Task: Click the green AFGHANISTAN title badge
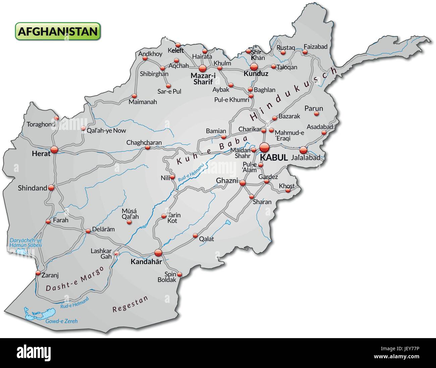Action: (x=57, y=31)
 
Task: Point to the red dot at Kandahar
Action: (x=158, y=252)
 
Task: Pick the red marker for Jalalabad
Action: (x=303, y=150)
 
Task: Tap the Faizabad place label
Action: (x=315, y=47)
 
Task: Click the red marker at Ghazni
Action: (x=242, y=183)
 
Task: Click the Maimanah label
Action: (x=143, y=102)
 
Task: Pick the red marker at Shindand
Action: (x=51, y=188)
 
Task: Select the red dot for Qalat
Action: (x=195, y=236)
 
